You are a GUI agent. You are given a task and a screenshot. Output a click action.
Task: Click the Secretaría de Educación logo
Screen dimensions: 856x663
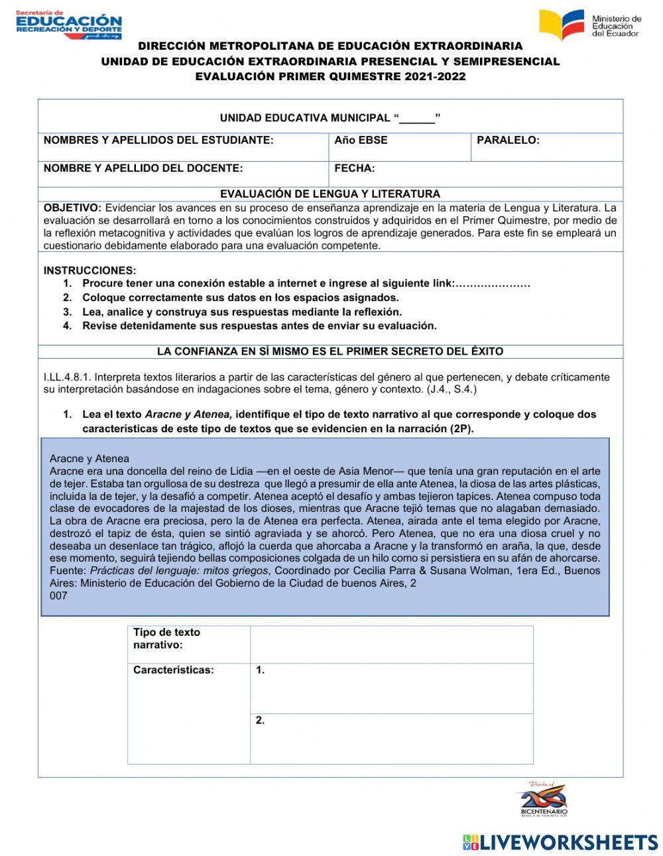coord(68,25)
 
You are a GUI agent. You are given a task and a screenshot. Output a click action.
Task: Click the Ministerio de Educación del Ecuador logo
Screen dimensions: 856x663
coord(590,25)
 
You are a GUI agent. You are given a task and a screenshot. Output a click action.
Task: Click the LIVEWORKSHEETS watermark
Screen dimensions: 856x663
coord(560,842)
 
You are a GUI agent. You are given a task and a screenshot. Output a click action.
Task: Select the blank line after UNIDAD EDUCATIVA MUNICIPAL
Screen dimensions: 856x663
coord(417,119)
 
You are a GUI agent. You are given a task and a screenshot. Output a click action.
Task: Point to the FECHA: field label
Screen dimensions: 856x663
coord(355,168)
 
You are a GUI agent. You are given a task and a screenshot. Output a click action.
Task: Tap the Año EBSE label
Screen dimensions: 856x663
coord(361,141)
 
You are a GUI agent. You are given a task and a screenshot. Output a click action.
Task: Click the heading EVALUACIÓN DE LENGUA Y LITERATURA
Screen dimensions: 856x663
coord(330,194)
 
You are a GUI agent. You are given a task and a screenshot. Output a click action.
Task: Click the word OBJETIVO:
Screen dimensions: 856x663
coord(72,208)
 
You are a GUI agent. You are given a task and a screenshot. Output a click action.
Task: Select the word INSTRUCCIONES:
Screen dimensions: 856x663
coord(90,271)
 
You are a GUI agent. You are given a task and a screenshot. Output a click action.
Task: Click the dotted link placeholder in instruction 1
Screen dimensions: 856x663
coord(493,284)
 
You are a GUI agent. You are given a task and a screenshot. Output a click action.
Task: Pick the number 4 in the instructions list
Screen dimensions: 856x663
coord(67,326)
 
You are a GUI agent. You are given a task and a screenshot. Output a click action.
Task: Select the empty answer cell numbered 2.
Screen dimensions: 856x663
coord(391,739)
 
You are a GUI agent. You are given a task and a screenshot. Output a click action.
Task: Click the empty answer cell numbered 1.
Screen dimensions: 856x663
coord(391,688)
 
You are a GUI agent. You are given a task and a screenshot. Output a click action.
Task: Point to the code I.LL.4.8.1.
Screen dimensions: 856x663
coord(67,377)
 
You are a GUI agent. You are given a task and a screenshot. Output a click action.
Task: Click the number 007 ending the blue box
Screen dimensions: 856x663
coord(58,595)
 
